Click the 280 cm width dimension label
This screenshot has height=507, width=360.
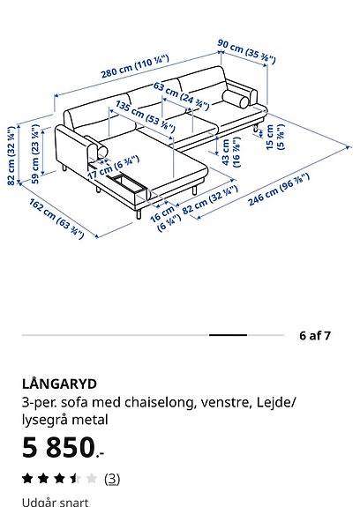[135, 67]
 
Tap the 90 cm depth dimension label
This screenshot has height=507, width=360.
[246, 51]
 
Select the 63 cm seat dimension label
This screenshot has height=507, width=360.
[181, 95]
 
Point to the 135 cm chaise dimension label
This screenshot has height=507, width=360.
[146, 116]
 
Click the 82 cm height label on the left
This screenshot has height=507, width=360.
[11, 156]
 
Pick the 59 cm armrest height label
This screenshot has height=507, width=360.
[35, 154]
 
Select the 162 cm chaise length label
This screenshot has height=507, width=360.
[57, 219]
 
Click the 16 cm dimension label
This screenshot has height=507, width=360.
[165, 219]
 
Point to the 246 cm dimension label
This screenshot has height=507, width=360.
[279, 190]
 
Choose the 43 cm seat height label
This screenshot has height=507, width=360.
[231, 152]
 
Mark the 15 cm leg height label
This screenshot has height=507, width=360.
[275, 137]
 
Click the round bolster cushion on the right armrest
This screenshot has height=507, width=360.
[236, 99]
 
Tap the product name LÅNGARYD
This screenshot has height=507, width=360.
[59, 384]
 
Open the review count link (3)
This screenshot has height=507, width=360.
[112, 479]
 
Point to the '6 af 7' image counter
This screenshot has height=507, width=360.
[315, 336]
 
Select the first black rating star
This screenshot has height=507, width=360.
[27, 478]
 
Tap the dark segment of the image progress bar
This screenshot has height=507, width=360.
[228, 335]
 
